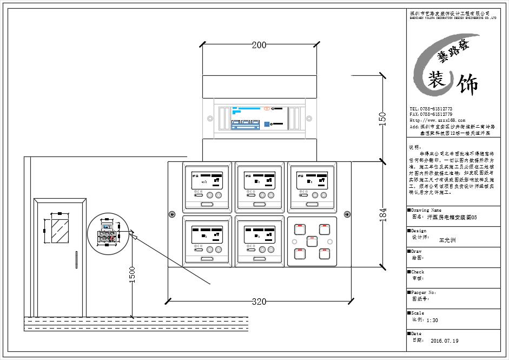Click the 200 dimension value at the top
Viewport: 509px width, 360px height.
click(x=259, y=45)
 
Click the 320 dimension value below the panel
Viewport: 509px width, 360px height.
click(x=259, y=302)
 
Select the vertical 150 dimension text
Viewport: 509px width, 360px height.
click(x=382, y=119)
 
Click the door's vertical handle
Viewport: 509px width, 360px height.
click(x=76, y=259)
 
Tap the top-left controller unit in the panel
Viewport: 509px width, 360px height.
click(x=207, y=187)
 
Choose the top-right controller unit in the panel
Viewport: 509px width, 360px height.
click(x=312, y=187)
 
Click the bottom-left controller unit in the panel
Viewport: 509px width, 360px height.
click(x=207, y=241)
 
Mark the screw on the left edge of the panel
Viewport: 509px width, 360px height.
click(x=172, y=214)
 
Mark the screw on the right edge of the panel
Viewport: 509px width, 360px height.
click(x=346, y=214)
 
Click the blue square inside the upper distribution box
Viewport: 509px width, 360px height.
click(x=267, y=123)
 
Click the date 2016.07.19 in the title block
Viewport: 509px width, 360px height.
click(x=445, y=342)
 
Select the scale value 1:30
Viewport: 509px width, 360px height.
click(x=433, y=320)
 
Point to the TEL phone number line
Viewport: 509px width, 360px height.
click(x=431, y=109)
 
